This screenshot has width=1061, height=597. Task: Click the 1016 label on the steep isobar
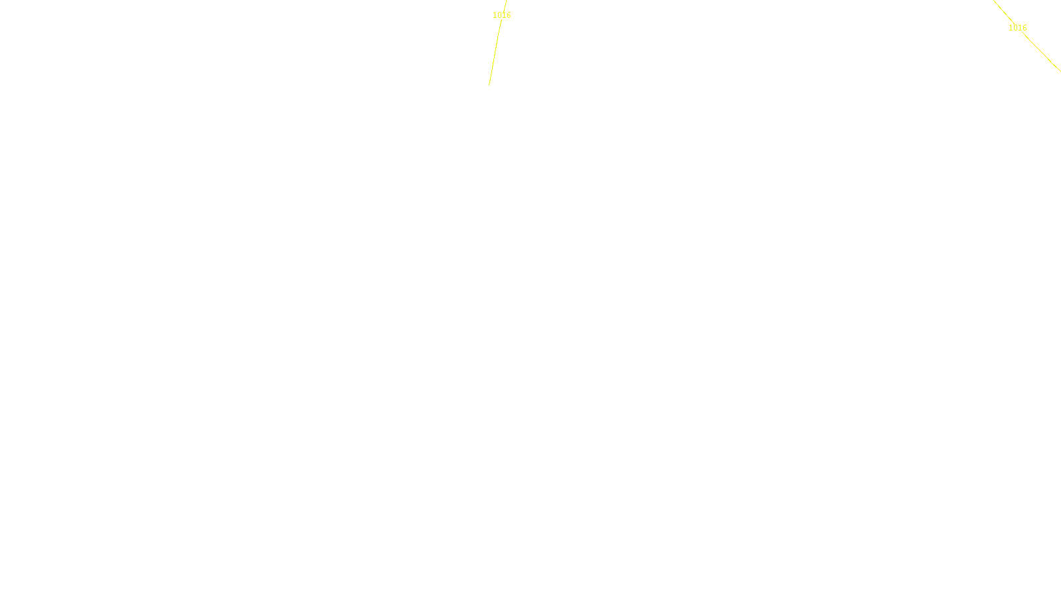click(502, 15)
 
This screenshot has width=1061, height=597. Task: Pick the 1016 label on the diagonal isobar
click(1017, 28)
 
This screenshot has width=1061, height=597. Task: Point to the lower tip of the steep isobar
click(489, 85)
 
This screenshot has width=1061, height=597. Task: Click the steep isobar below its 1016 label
click(495, 53)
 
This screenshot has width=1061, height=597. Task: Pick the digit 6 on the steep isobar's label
click(509, 15)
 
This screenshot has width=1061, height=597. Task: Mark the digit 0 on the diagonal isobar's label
click(1015, 28)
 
